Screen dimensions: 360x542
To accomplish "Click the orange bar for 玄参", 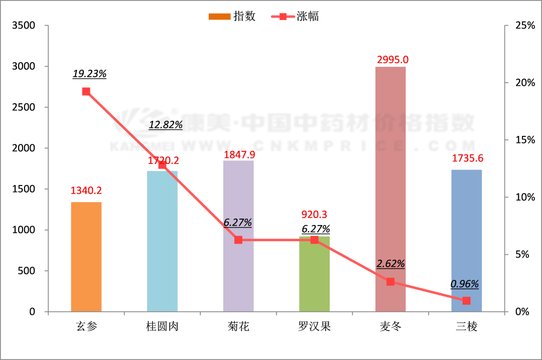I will click(x=86, y=257).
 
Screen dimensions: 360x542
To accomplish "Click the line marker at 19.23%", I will click(x=86, y=91).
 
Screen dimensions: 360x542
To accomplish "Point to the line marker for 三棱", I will click(x=466, y=301).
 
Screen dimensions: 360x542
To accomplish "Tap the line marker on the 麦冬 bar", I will click(x=390, y=282).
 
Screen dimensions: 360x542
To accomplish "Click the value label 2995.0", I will click(x=392, y=60).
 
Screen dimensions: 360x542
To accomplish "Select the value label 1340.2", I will click(x=86, y=191).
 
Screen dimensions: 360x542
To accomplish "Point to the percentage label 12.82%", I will click(x=166, y=125).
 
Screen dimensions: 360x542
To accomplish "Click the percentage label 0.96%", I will click(x=465, y=284).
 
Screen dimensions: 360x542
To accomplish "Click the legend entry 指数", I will click(x=232, y=16).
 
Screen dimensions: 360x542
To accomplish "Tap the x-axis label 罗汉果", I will click(x=314, y=327).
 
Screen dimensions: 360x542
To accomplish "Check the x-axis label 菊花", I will click(x=238, y=327).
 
